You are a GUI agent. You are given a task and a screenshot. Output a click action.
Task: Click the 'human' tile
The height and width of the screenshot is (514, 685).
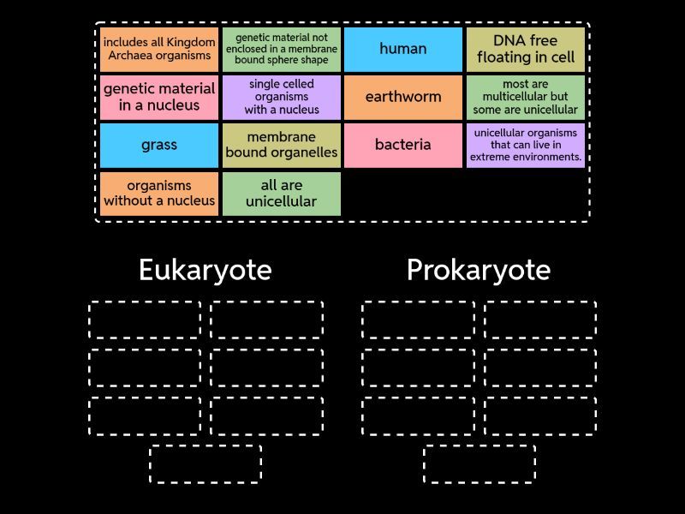[x=402, y=49]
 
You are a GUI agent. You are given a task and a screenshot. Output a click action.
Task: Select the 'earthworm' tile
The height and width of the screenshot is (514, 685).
[x=402, y=97]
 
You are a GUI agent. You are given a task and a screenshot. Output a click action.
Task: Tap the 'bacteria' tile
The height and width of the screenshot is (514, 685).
[x=402, y=145]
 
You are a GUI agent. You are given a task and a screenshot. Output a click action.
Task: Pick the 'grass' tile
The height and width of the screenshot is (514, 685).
[x=159, y=145]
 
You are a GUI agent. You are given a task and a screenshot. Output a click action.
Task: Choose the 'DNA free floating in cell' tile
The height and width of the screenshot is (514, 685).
[x=526, y=49]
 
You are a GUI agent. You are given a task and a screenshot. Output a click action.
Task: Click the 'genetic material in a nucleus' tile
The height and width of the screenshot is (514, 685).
[x=159, y=97]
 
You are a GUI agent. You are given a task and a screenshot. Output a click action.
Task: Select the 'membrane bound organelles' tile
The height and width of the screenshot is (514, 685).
[x=282, y=145]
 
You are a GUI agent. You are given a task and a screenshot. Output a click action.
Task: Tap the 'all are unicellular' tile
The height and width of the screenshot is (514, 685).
[x=282, y=194]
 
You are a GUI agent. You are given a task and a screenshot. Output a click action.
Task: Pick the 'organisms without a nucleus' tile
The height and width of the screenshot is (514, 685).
[x=159, y=194]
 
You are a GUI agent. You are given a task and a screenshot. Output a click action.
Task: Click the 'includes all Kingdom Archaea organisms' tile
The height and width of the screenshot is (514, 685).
[x=159, y=49]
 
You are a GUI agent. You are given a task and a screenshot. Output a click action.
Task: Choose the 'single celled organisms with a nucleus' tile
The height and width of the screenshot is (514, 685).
[x=282, y=97]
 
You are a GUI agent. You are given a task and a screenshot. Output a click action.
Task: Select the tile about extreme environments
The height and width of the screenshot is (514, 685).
[x=526, y=145]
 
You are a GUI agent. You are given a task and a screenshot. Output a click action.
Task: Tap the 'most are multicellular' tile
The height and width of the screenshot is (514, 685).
[x=526, y=97]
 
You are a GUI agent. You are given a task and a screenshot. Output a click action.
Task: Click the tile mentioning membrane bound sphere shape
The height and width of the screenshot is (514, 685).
[x=282, y=49]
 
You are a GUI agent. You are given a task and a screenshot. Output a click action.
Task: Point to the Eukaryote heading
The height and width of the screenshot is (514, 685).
[x=205, y=270]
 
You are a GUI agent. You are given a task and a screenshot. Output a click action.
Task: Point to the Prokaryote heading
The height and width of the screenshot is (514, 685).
[x=479, y=270]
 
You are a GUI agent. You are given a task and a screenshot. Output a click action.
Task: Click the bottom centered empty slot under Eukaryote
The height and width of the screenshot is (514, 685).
[x=205, y=463]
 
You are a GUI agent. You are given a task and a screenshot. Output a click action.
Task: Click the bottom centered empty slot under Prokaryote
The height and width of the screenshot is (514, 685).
[x=479, y=463]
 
